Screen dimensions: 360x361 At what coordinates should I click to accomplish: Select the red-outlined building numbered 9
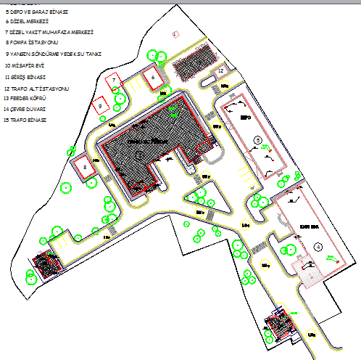101,105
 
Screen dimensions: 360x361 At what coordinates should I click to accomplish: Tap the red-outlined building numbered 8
85,167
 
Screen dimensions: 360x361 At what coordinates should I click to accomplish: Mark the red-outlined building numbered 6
154,77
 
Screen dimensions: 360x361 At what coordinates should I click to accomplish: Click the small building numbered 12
220,70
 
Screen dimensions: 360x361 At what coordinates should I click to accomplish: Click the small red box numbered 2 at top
175,33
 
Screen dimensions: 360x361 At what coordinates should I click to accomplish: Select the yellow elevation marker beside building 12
225,86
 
